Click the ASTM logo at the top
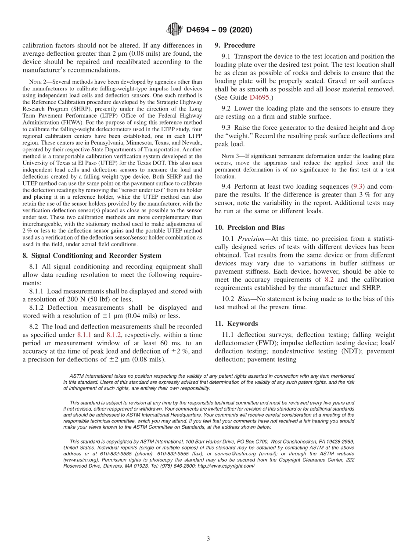pos(175,30)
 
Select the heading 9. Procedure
pos(235,45)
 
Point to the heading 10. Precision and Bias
pos(249,227)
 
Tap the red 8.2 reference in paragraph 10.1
pos(329,279)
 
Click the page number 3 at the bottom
pos(208,539)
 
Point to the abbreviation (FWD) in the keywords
pos(264,343)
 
